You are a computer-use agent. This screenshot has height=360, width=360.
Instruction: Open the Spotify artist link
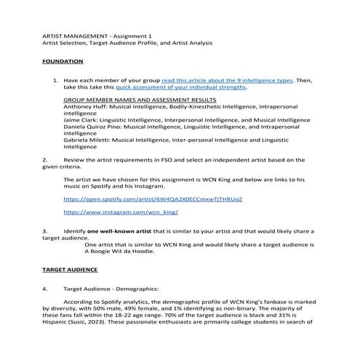point(153,199)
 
